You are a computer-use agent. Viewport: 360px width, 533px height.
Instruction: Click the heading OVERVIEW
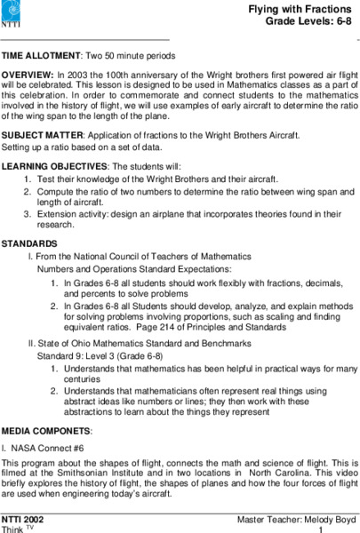coord(28,73)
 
